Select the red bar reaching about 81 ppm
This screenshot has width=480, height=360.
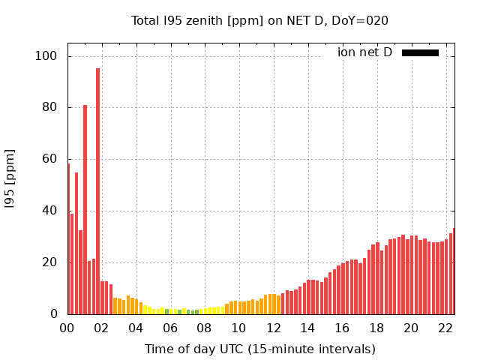(x=85, y=210)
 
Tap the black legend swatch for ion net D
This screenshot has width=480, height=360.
(x=420, y=52)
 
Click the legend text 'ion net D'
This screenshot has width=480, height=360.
(x=364, y=52)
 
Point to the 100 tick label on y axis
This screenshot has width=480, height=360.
(x=46, y=56)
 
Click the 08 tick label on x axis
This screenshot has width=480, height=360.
(x=204, y=328)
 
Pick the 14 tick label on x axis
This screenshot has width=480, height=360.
(x=307, y=328)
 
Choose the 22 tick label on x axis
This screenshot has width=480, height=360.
(x=445, y=328)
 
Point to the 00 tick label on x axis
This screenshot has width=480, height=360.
(x=67, y=328)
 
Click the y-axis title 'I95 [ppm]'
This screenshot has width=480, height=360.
(x=10, y=183)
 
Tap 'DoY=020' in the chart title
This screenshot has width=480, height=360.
(x=361, y=21)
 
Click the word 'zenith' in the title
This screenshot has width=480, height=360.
(x=197, y=21)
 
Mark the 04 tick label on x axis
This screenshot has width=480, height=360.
(x=136, y=328)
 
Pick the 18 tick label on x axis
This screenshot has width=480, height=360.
(x=376, y=328)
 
